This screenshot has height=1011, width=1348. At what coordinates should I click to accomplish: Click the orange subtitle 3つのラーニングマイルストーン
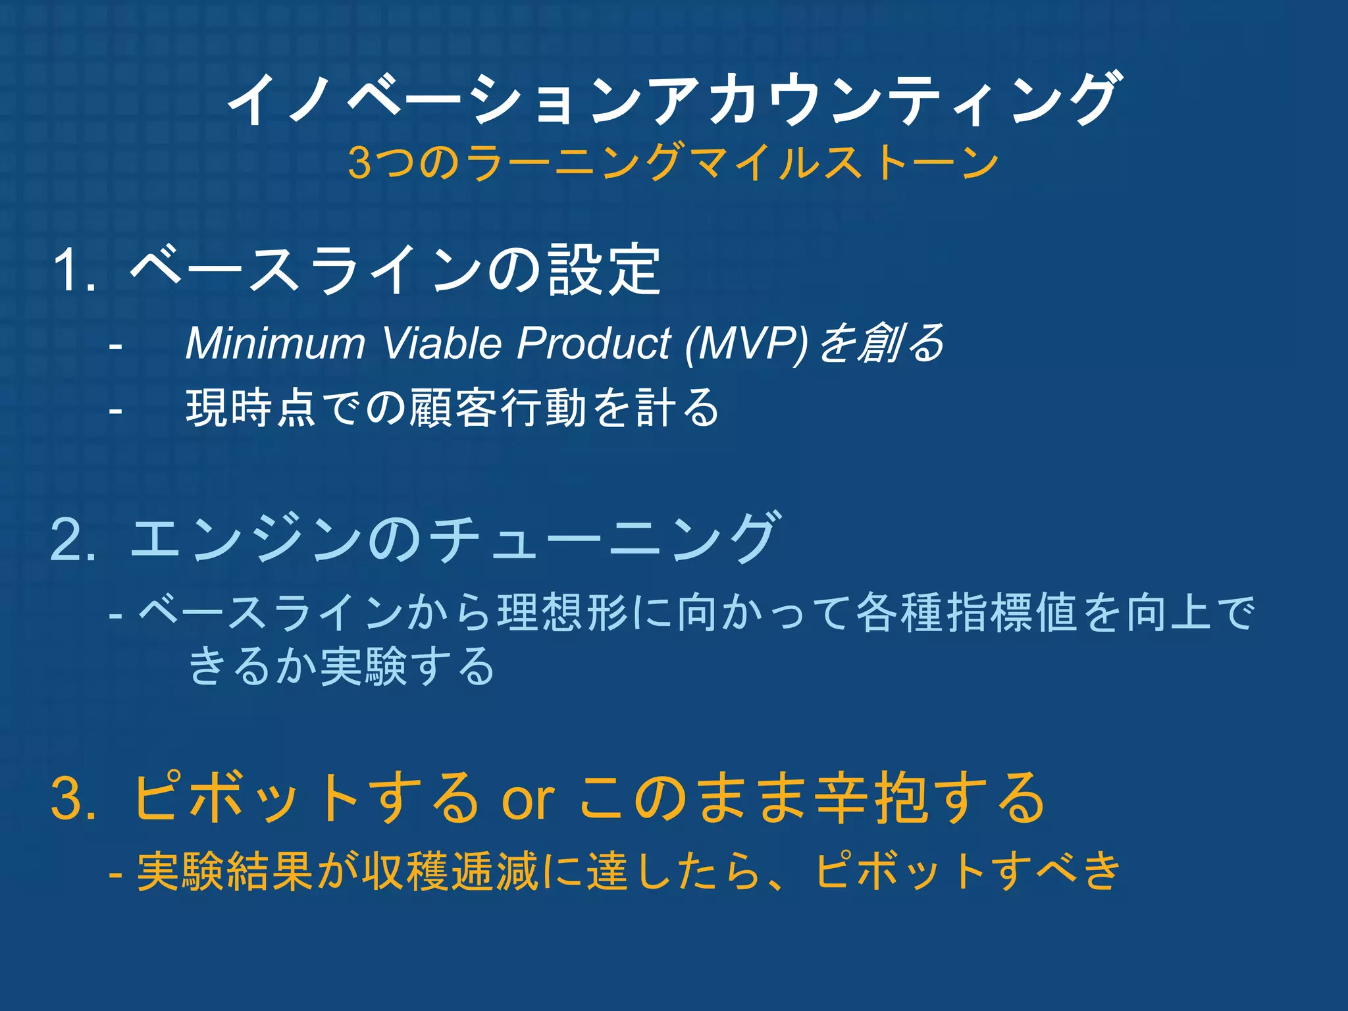click(673, 163)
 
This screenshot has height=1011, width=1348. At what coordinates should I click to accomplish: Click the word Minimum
click(275, 343)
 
